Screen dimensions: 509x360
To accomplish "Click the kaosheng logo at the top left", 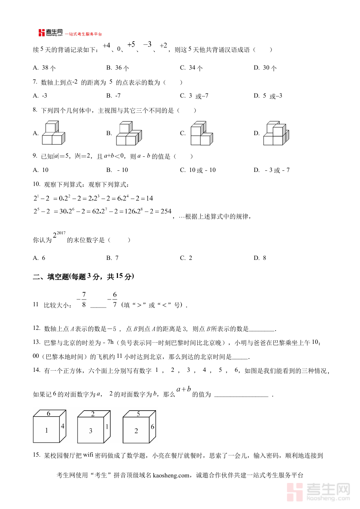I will [x=50, y=33].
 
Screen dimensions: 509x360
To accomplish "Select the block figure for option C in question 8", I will [x=201, y=134].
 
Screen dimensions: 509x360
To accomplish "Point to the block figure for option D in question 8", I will [x=275, y=134].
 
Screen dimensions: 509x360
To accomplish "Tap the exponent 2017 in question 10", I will [x=60, y=233].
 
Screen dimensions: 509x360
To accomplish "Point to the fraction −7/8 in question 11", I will [x=82, y=300].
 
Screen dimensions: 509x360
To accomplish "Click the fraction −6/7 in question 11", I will [x=113, y=300].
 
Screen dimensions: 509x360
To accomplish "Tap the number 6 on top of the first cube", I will [x=48, y=413].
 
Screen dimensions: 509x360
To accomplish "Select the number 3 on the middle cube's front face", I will [x=91, y=431].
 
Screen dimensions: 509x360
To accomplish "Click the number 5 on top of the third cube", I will [x=138, y=414].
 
